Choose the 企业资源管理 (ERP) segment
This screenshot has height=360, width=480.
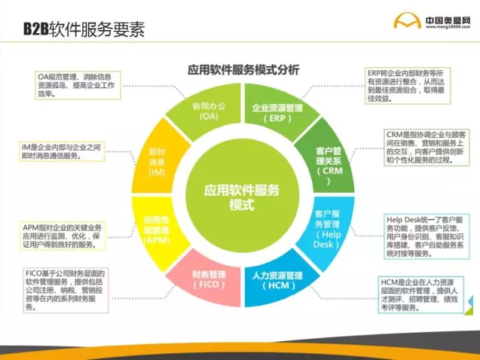tap(277, 114)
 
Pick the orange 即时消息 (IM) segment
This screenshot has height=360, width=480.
tap(157, 161)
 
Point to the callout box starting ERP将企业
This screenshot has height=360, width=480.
tap(403, 85)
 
